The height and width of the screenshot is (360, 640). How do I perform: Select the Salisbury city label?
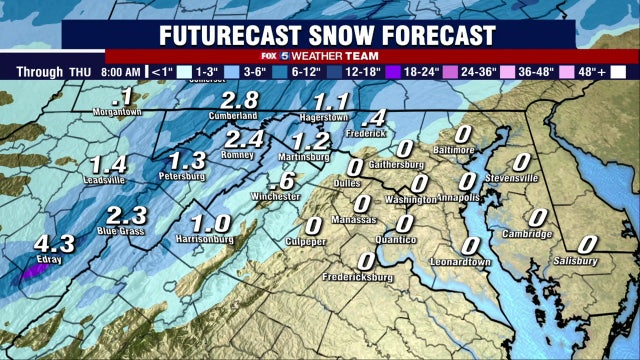coord(575,262)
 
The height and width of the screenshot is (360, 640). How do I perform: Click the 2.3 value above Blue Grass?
coord(126,215)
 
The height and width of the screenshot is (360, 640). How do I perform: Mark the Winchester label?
coord(275,197)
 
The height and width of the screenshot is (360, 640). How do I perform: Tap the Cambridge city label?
coord(528,234)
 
